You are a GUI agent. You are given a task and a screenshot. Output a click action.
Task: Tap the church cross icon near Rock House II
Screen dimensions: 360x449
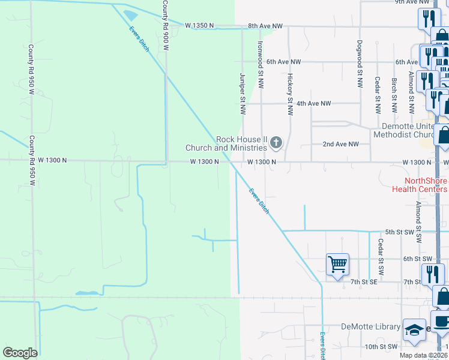click(276, 143)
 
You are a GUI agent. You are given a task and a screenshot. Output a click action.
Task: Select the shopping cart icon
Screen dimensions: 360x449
click(337, 264)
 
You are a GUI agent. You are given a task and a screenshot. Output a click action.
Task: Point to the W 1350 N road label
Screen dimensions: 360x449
click(199, 26)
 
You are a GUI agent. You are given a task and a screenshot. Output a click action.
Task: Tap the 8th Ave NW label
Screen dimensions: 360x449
click(265, 26)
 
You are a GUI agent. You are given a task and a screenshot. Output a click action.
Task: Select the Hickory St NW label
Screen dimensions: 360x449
click(289, 94)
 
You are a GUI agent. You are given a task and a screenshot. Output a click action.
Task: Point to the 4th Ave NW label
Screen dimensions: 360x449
click(314, 104)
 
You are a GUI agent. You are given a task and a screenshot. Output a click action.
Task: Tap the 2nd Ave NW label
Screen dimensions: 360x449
click(340, 145)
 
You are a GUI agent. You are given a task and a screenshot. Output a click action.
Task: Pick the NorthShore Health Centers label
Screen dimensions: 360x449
click(419, 184)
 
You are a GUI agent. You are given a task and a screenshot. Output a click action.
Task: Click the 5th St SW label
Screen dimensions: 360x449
click(400, 232)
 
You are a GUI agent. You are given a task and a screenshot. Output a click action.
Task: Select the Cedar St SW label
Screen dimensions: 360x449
click(380, 253)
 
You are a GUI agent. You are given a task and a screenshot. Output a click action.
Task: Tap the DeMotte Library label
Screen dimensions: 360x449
click(370, 326)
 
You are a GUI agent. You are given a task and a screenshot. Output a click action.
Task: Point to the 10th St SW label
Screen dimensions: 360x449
click(381, 347)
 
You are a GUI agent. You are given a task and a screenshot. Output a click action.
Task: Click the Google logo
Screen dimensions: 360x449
click(20, 353)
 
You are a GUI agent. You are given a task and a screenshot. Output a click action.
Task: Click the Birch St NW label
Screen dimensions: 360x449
click(394, 95)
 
